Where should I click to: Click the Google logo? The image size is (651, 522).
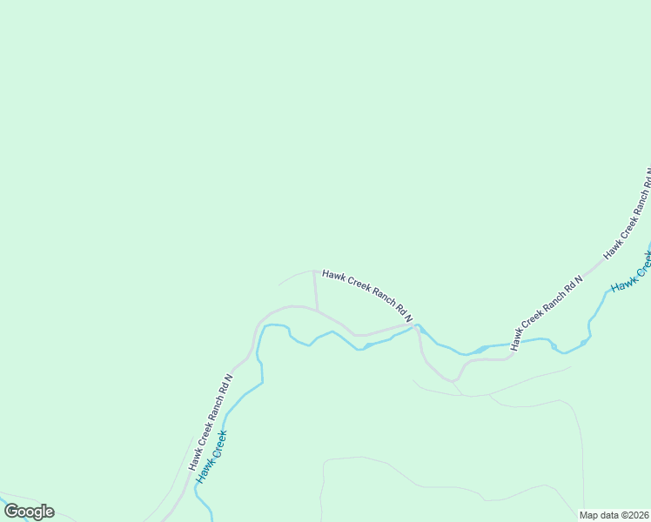[x=29, y=512]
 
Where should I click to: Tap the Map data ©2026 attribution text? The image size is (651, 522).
[x=614, y=515]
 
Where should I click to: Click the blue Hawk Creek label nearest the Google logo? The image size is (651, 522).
[x=211, y=457]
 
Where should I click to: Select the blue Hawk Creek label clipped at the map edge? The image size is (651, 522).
[x=632, y=271]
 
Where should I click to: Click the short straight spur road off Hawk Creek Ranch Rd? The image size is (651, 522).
[x=315, y=290]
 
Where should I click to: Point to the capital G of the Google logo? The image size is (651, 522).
[x=11, y=512]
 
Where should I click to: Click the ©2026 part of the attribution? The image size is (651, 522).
[x=634, y=515]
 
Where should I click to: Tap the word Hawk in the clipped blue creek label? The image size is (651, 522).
[x=622, y=280]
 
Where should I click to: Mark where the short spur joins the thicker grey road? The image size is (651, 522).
[x=317, y=309]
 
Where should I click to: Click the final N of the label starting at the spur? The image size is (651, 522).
[x=408, y=319]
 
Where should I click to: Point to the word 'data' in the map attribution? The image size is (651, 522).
[x=607, y=515]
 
